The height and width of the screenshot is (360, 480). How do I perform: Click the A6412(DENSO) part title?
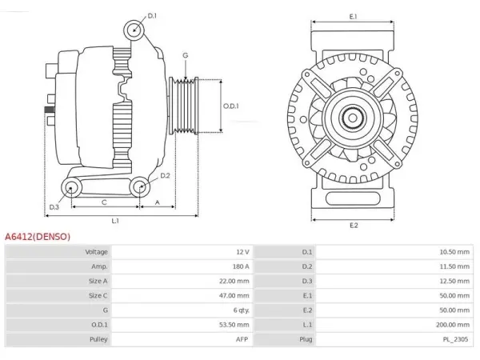[x=38, y=237]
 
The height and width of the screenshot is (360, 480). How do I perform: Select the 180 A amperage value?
[x=241, y=266]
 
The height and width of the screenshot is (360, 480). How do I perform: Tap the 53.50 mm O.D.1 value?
[x=234, y=325]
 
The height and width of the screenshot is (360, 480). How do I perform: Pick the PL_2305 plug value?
[x=455, y=339]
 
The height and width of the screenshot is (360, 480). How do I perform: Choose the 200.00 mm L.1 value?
[x=453, y=325]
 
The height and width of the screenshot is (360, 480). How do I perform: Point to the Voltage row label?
[x=97, y=252]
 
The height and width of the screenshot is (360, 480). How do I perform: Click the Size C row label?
[x=98, y=295]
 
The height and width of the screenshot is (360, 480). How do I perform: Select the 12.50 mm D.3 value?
[x=454, y=281]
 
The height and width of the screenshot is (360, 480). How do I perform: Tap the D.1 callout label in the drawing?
[x=152, y=16]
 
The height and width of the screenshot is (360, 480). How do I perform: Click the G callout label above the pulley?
[x=186, y=55]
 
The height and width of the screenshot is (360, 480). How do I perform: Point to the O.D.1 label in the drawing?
[x=231, y=106]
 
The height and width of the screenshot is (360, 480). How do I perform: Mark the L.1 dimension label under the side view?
[x=115, y=221]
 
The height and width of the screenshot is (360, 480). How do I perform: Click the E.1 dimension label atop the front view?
[x=353, y=17]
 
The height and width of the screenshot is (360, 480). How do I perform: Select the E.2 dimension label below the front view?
[x=354, y=226]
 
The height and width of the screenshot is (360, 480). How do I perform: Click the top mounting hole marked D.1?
[x=134, y=30]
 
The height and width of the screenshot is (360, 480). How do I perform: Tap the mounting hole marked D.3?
[x=71, y=187]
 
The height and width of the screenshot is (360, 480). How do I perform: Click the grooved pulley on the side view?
[x=184, y=106]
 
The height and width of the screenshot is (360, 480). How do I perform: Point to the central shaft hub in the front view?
[x=353, y=118]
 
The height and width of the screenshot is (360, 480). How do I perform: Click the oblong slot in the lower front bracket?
[x=353, y=198]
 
